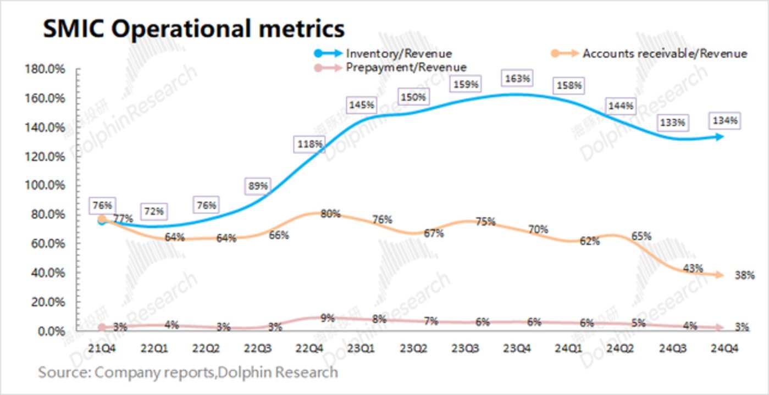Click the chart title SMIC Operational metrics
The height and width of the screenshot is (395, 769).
193,29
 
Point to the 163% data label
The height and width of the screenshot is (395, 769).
517,79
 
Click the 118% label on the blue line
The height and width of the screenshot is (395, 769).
309,144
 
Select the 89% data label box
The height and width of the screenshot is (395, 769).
257,186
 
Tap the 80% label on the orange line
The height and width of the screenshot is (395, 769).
330,214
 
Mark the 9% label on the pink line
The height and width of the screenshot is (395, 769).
327,317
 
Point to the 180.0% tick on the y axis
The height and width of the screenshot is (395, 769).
45,70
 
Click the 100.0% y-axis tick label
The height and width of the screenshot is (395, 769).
45,186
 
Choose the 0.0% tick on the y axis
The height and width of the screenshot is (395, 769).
49,331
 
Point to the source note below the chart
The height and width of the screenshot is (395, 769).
188,372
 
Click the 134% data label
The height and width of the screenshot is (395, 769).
724,120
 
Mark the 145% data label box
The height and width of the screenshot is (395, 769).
361,104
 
